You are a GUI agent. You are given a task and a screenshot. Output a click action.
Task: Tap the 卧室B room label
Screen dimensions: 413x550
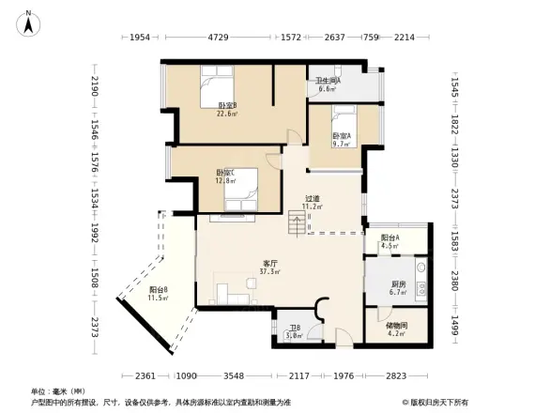[226, 105]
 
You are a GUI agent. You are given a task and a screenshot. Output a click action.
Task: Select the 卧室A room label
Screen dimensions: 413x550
[342, 136]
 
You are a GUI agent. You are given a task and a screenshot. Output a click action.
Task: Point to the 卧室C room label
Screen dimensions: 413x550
[224, 173]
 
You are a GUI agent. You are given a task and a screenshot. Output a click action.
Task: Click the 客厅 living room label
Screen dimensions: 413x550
[270, 264]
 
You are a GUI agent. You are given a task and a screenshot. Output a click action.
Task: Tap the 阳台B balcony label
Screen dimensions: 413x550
[158, 290]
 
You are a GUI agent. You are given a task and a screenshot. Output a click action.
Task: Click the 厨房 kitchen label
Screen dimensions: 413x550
[399, 283]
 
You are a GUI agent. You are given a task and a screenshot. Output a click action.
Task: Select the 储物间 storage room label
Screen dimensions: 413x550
[397, 325]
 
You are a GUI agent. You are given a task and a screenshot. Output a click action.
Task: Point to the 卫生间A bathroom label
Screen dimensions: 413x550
[328, 81]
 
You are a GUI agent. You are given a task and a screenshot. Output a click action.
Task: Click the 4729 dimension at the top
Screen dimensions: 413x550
[218, 38]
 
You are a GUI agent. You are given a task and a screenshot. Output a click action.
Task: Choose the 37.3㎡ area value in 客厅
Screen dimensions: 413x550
[270, 272]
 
